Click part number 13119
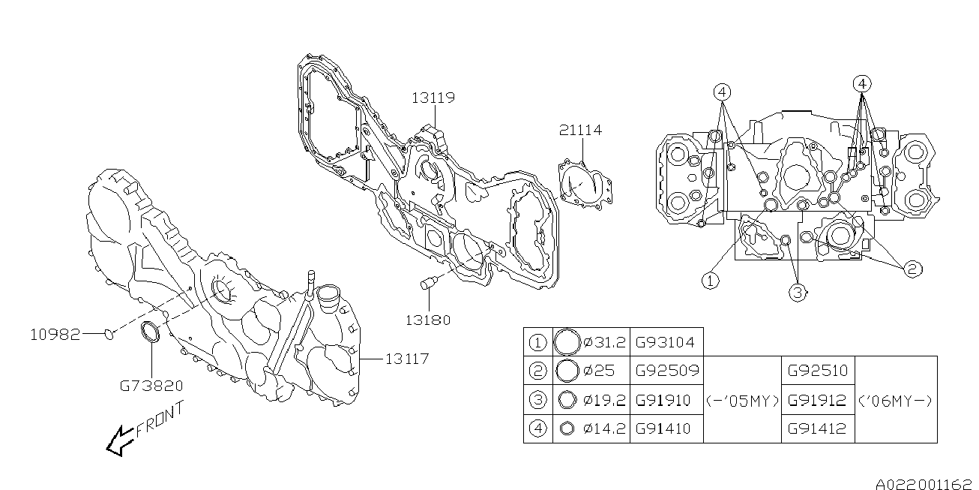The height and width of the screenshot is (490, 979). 433,98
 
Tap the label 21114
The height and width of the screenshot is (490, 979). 580,130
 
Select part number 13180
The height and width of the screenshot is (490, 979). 428,320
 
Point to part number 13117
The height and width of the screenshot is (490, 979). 407,359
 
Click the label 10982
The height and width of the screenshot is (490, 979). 55,335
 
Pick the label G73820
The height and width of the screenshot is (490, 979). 151,386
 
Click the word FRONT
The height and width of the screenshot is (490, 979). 160,419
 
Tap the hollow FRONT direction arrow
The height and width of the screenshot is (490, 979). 120,441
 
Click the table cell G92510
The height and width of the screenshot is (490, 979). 817,371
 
